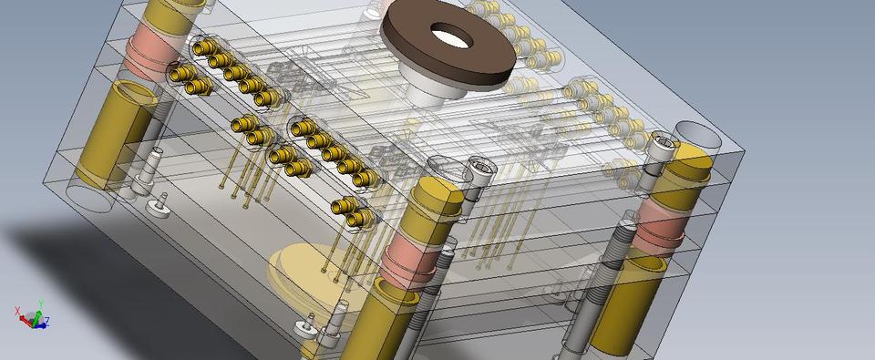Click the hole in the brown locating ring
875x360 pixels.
point(448,37)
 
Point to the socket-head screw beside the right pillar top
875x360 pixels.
point(663,147)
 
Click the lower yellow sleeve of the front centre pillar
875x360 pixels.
point(383,324)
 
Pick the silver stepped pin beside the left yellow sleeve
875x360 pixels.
point(147,173)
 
